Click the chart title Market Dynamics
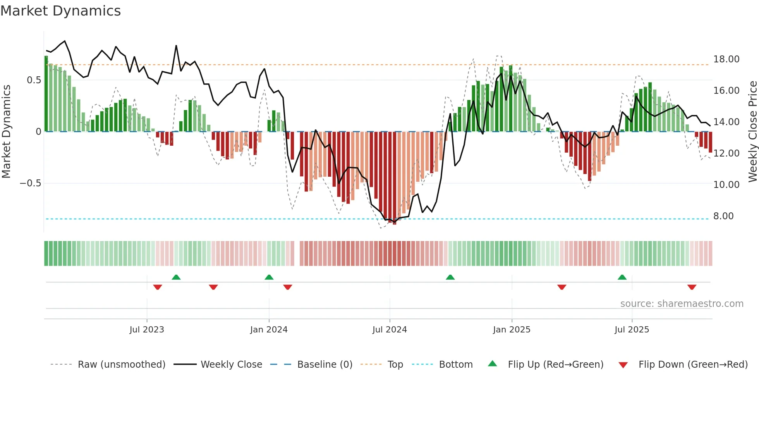click(61, 11)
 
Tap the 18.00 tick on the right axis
click(726, 59)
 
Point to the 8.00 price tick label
click(723, 216)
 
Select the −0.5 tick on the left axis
click(31, 183)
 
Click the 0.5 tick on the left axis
click(34, 80)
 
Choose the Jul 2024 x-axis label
click(390, 330)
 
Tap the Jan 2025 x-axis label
click(512, 330)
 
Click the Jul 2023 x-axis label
click(147, 330)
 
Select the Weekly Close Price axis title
click(752, 131)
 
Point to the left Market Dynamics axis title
click(6, 131)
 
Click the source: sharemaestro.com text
click(682, 304)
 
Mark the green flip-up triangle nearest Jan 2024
click(269, 277)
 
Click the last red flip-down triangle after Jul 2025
click(692, 287)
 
